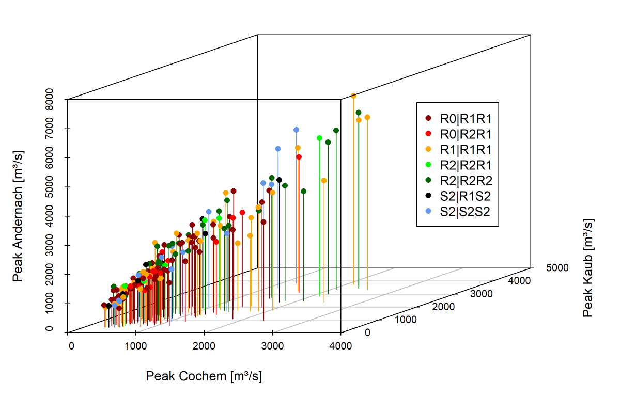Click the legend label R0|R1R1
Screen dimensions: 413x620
(x=466, y=118)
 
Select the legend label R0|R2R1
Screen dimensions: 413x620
(x=466, y=134)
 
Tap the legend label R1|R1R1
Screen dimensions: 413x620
(x=466, y=150)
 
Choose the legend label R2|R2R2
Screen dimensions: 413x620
(x=466, y=181)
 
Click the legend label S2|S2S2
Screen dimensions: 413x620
(x=466, y=212)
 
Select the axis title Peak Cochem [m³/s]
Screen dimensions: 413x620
(x=204, y=376)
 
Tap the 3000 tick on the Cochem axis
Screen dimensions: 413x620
(x=272, y=345)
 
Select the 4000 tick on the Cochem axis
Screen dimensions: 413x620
(x=340, y=345)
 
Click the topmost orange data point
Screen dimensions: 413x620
(x=353, y=96)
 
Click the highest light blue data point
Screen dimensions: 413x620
(x=296, y=130)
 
